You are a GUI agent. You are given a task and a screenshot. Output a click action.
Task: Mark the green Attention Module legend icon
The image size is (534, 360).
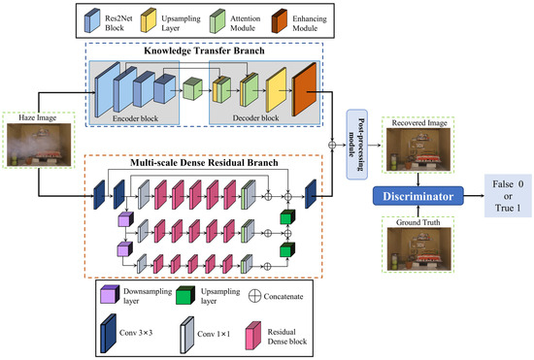[x=222, y=19]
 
